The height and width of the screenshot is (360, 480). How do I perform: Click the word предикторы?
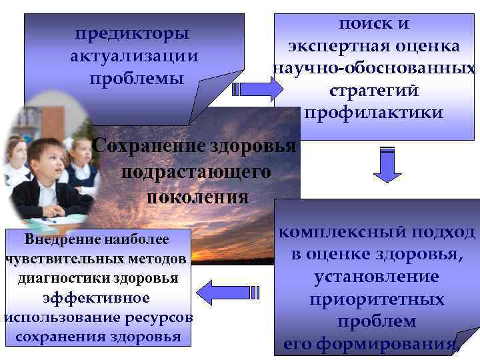(x=132, y=33)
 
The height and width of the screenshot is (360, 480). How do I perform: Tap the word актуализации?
(x=135, y=55)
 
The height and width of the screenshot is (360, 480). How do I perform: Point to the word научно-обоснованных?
(x=374, y=68)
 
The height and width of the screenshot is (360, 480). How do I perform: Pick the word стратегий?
(x=374, y=90)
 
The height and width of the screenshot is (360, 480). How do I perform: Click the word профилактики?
(x=374, y=113)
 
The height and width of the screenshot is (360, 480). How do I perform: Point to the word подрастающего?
(x=197, y=171)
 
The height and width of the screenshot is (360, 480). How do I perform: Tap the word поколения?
(x=197, y=197)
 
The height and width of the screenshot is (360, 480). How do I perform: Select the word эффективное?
(x=96, y=297)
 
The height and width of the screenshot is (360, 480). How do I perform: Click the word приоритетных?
(x=377, y=299)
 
